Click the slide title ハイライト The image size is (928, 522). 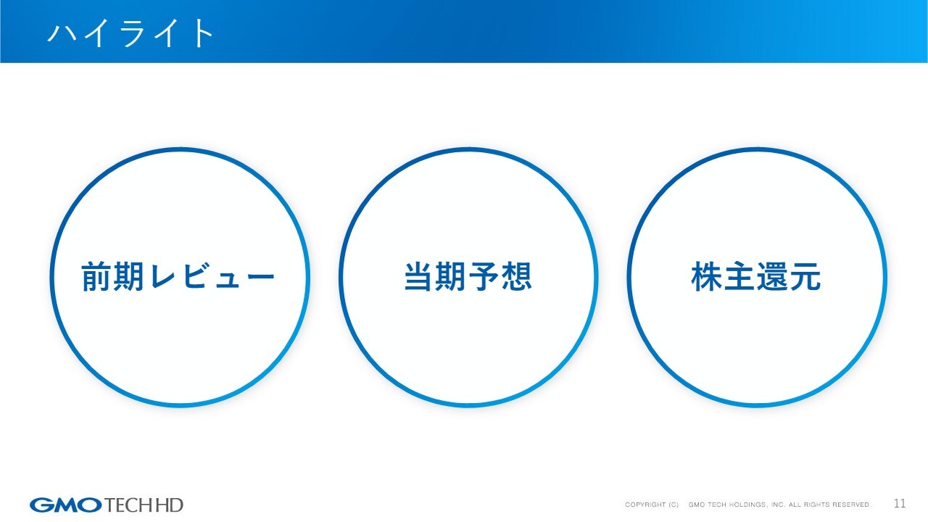tap(131, 33)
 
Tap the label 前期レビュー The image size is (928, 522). tap(178, 277)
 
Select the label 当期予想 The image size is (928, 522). tap(468, 277)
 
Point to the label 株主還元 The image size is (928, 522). tap(756, 277)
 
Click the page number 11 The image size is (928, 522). tap(900, 503)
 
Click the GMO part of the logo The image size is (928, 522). tap(65, 505)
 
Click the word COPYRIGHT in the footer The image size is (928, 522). tap(645, 505)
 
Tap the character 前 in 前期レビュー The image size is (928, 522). tap(96, 277)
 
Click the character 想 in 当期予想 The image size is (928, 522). tap(517, 277)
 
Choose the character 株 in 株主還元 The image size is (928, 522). tap(707, 277)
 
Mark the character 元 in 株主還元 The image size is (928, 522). tap(805, 277)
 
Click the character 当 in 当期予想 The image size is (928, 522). tap(419, 277)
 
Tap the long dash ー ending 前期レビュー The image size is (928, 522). tap(260, 277)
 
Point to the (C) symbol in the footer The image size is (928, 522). tap(674, 505)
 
